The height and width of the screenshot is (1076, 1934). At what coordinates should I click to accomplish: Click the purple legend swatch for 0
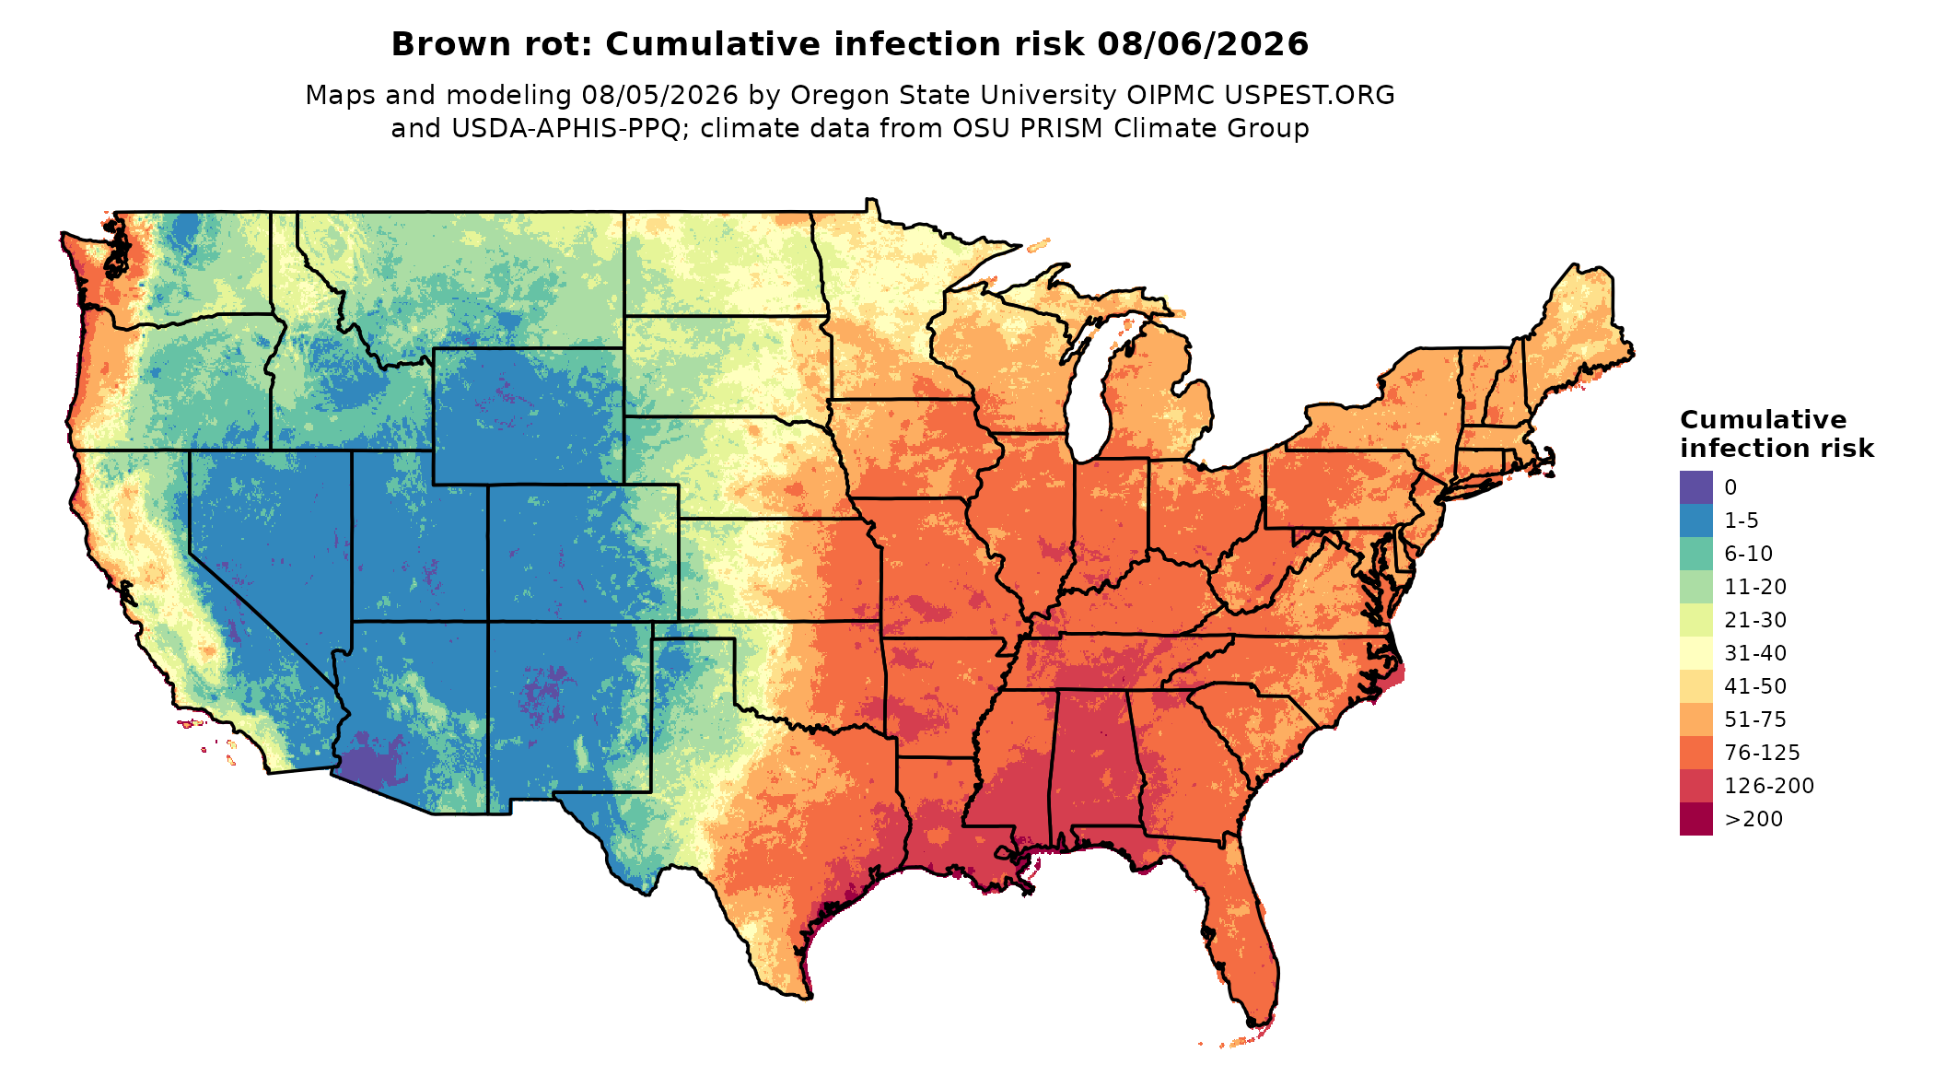[x=1695, y=487]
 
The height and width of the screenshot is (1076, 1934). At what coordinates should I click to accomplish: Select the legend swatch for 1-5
[x=1695, y=520]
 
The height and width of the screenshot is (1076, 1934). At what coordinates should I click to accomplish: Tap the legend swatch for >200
[x=1695, y=819]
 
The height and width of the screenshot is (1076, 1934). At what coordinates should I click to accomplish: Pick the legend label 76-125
[x=1762, y=753]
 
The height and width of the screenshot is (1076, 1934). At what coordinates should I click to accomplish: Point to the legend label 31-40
[x=1755, y=653]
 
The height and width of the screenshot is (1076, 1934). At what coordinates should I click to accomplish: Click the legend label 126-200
[x=1769, y=786]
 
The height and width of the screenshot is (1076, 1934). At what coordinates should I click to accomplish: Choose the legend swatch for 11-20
[x=1695, y=587]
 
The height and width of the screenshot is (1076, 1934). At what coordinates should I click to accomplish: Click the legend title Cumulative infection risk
[x=1777, y=434]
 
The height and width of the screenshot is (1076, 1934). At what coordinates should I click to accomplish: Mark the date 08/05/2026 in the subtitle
[x=660, y=95]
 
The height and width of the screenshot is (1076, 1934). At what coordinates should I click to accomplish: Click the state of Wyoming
[x=529, y=416]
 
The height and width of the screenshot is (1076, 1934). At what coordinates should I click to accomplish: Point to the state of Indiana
[x=1110, y=516]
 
